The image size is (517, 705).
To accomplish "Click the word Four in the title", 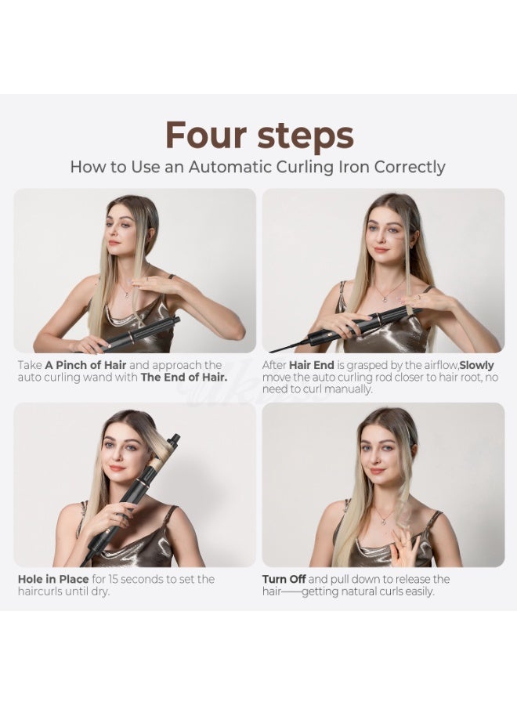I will coord(206,135).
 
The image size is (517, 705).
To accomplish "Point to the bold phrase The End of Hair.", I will coord(183,377).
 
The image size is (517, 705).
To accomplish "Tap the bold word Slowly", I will coord(477,365).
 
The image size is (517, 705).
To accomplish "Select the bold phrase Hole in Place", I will coord(53,579).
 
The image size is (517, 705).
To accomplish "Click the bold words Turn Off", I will coord(284,579).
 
